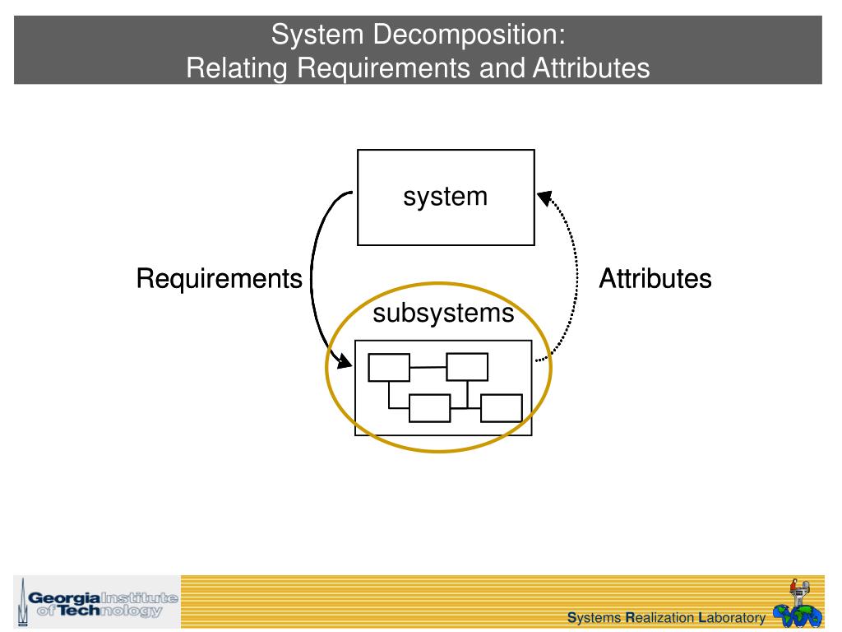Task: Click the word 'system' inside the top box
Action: (445, 197)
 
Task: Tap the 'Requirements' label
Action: (219, 279)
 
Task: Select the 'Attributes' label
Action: (655, 279)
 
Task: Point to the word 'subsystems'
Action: (443, 314)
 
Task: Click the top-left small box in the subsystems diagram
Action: (389, 367)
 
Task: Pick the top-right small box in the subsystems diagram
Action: (467, 366)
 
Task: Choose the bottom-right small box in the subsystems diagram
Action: (501, 408)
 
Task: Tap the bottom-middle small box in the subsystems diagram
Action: (429, 408)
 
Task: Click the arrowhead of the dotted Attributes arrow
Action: (544, 198)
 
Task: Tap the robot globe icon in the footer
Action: (797, 605)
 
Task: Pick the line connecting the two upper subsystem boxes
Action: (428, 367)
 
